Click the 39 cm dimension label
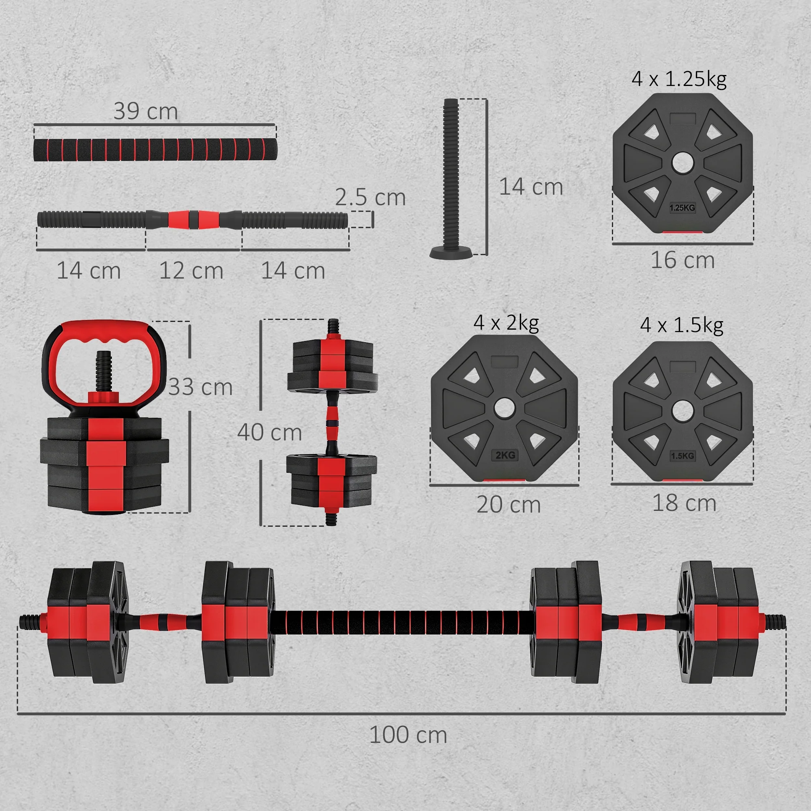pos(146,111)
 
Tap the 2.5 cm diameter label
pos(370,197)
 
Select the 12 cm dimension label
pos(191,271)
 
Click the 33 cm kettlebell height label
pos(201,387)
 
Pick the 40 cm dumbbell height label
pos(270,432)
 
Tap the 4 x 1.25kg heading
pos(679,79)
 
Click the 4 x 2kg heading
pos(506,323)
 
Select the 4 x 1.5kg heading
pos(682,325)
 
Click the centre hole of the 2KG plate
pos(504,408)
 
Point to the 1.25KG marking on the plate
pos(682,208)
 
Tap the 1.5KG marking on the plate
pos(682,456)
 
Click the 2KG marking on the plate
pos(505,455)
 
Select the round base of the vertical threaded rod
pos(451,253)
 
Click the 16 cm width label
pos(682,260)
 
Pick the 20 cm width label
pos(508,504)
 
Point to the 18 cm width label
pos(684,503)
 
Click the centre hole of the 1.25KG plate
pos(682,163)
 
